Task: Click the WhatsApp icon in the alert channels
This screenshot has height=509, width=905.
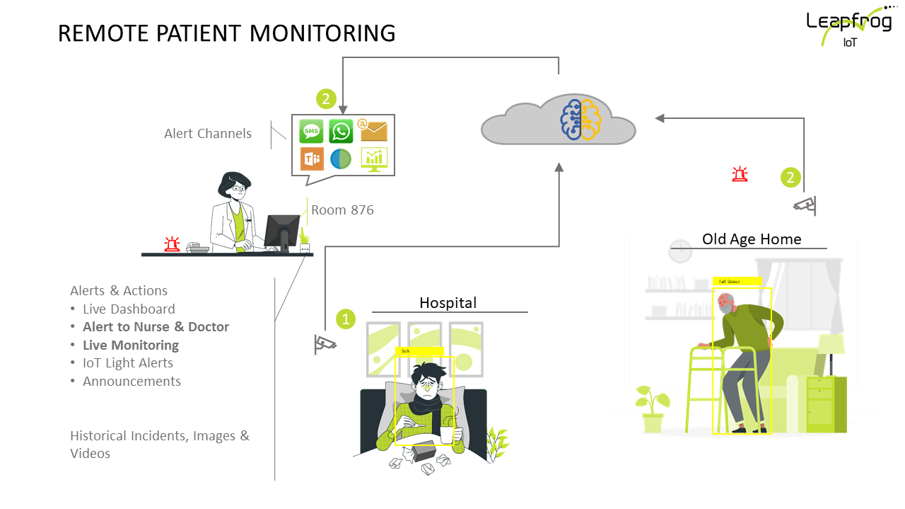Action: point(341,131)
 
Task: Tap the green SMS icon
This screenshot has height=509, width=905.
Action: point(311,131)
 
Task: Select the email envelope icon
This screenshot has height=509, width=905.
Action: point(373,130)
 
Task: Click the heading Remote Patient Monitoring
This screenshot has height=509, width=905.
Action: point(226,33)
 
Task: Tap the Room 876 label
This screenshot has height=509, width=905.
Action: point(342,210)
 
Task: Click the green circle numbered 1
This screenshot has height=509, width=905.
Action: point(345,319)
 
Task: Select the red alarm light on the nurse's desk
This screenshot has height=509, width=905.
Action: point(172,244)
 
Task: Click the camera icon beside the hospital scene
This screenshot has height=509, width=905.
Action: point(325,344)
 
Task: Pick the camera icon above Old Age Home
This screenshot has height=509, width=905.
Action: point(805,205)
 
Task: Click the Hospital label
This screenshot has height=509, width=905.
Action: point(448,303)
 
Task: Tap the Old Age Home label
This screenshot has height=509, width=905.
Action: point(752,239)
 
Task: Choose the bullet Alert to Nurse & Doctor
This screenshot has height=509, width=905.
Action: point(156,327)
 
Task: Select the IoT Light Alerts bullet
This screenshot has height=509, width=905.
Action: point(127,363)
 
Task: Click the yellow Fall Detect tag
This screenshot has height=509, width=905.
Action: point(736,281)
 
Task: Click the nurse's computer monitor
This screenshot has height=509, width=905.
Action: point(281,231)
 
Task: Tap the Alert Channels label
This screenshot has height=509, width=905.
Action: point(208,134)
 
